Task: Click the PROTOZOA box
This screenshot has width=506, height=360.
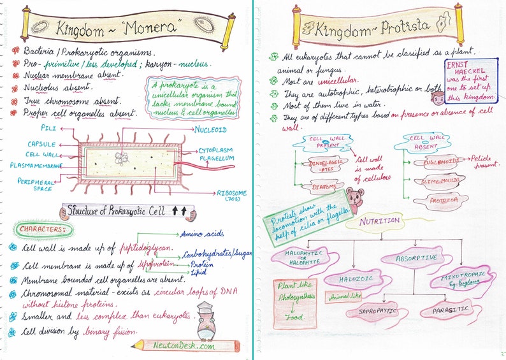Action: point(439,202)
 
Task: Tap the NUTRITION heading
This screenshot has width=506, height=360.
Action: point(380,221)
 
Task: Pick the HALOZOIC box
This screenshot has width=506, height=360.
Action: point(351,279)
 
